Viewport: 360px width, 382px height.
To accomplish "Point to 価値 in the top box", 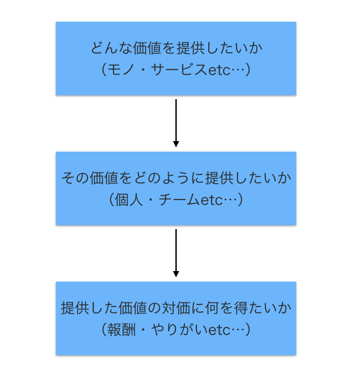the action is [x=146, y=48].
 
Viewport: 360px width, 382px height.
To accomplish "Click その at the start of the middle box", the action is [x=75, y=178].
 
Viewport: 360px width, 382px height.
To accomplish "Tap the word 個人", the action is [x=129, y=200].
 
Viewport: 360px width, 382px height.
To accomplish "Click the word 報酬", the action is [x=122, y=330].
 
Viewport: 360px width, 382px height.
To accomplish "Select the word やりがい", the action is [x=179, y=330].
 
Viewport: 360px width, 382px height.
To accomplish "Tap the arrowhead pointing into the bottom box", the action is [x=176, y=274].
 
